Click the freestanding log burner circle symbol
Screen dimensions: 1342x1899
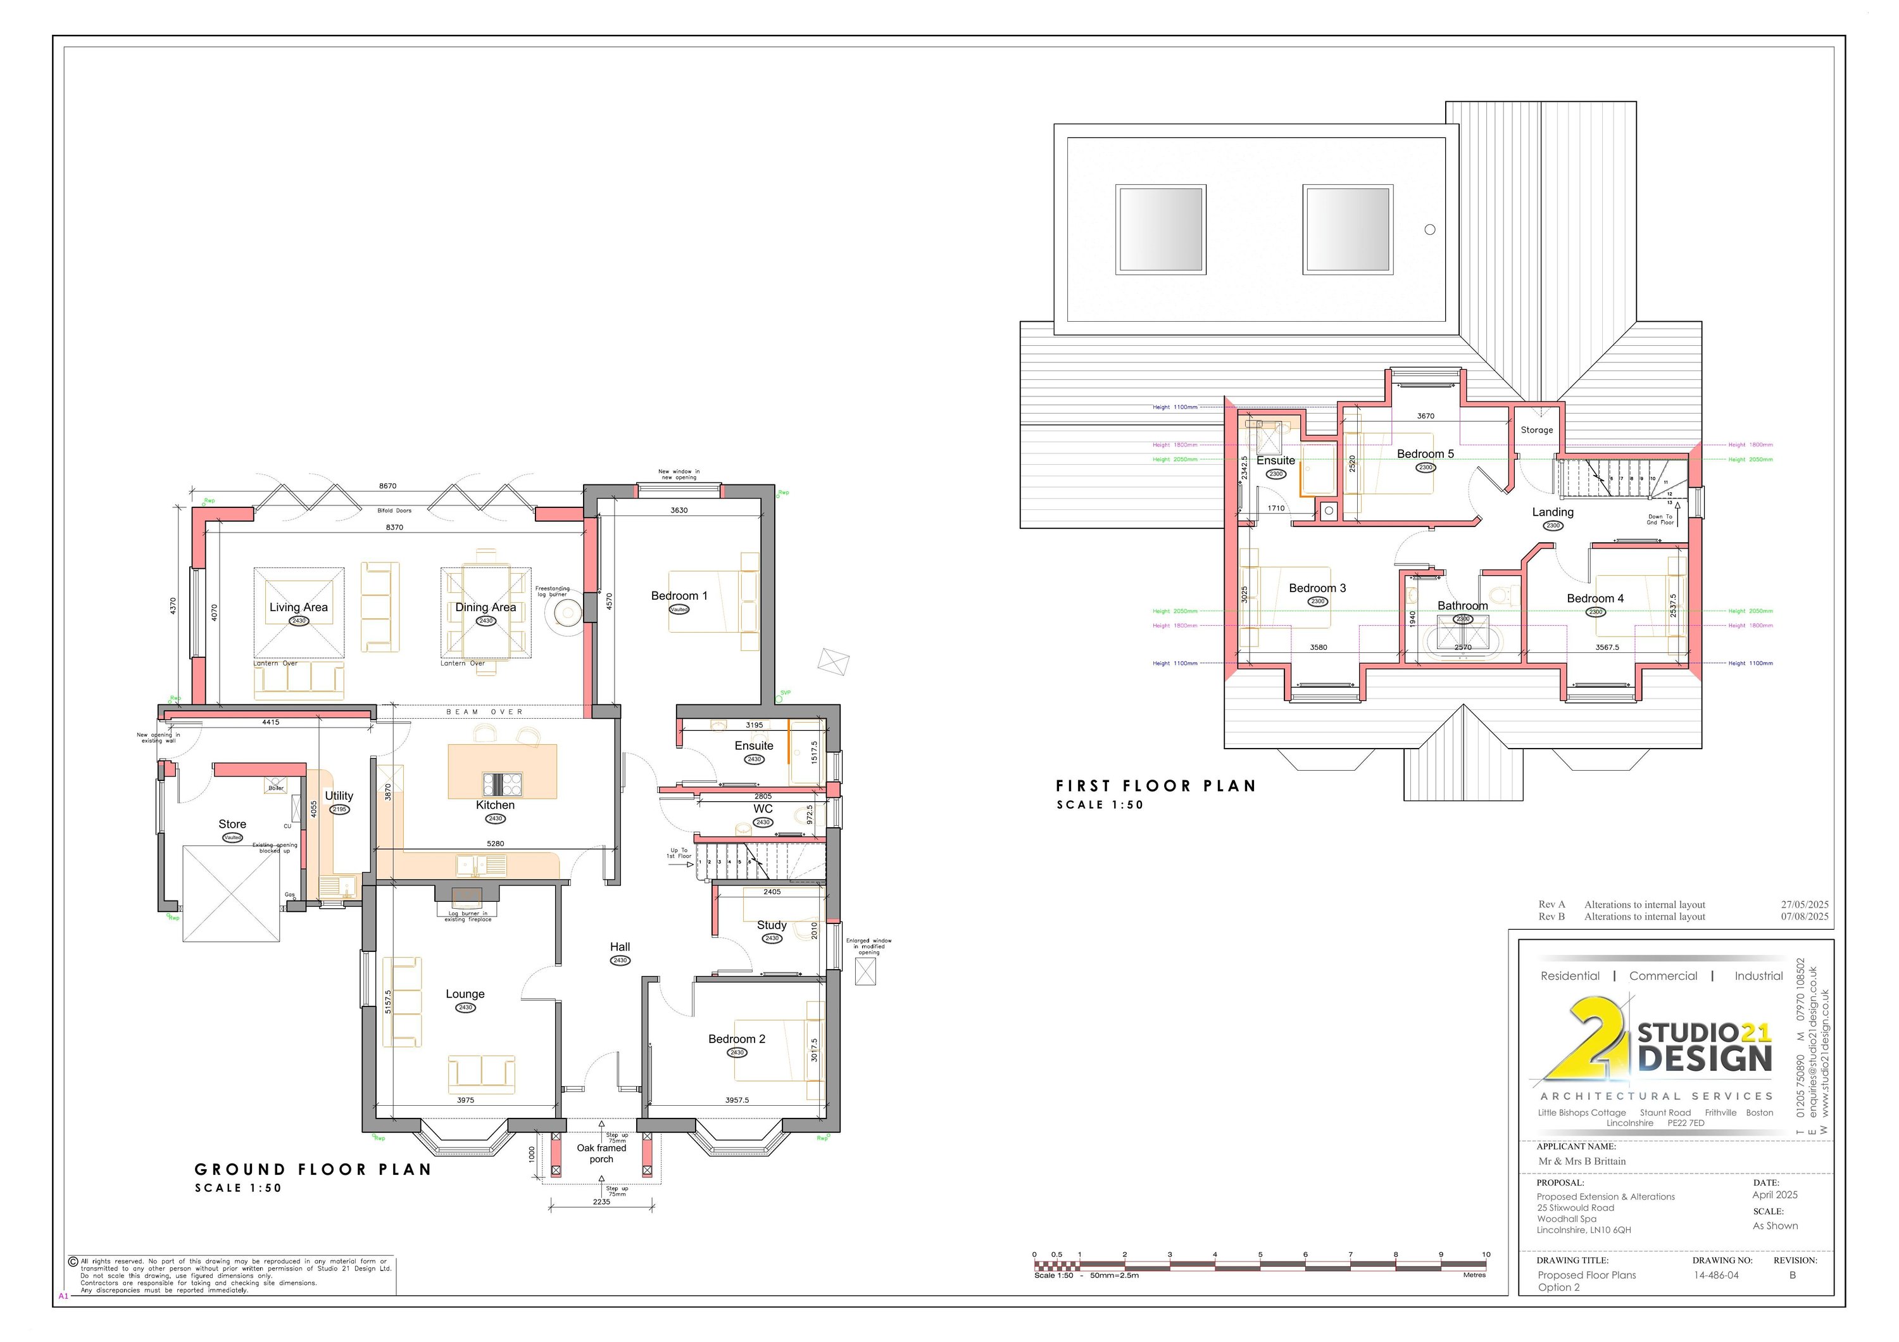[x=568, y=613]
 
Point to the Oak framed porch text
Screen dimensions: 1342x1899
[x=601, y=1153]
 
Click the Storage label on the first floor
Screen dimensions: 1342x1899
[x=1537, y=430]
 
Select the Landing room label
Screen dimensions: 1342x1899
[x=1553, y=512]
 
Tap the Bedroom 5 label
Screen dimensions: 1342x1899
[x=1425, y=454]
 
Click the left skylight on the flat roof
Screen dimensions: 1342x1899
[x=1160, y=229]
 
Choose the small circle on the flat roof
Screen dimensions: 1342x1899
[x=1430, y=230]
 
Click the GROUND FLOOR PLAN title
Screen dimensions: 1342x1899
[x=313, y=1169]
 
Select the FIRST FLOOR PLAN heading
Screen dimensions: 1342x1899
[x=1155, y=786]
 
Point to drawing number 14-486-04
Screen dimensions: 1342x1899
[x=1715, y=1275]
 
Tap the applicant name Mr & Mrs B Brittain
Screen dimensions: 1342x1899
[x=1581, y=1161]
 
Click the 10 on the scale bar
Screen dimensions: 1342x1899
[x=1486, y=1255]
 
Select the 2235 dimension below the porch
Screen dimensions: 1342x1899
[x=601, y=1201]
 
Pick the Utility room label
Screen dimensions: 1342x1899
[x=339, y=796]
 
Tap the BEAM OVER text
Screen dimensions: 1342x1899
[x=485, y=712]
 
